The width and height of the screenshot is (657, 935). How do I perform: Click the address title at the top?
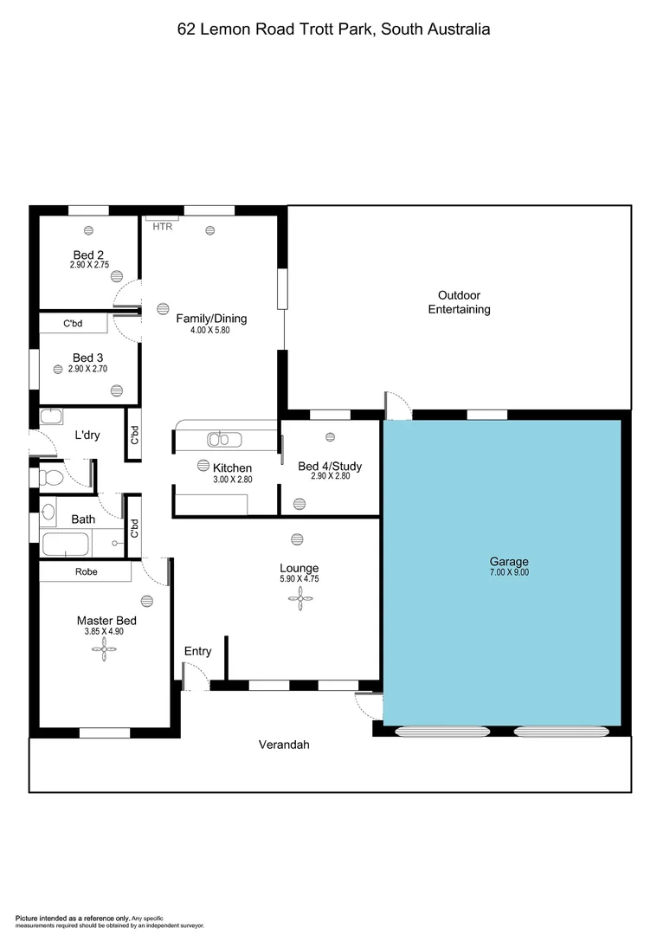(333, 29)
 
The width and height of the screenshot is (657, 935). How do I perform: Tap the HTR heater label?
(162, 227)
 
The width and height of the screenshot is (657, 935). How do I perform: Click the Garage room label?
(508, 561)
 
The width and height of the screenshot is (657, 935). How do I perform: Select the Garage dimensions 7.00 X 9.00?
(508, 572)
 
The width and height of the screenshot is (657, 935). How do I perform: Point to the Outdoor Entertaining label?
(459, 302)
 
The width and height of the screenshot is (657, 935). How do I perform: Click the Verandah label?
(284, 745)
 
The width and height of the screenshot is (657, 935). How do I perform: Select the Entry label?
(197, 651)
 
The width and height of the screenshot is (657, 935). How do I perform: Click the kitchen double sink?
(225, 439)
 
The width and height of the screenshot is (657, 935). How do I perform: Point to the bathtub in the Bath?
(66, 545)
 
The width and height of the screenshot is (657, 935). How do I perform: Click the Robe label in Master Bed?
(86, 571)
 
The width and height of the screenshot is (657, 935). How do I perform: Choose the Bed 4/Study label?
(330, 466)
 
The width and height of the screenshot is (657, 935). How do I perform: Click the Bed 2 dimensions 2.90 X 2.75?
(89, 265)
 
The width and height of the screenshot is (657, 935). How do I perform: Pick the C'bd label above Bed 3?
(73, 324)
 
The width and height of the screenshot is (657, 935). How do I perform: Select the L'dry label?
(87, 435)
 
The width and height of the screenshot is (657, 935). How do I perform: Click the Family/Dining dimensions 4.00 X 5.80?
(211, 330)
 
